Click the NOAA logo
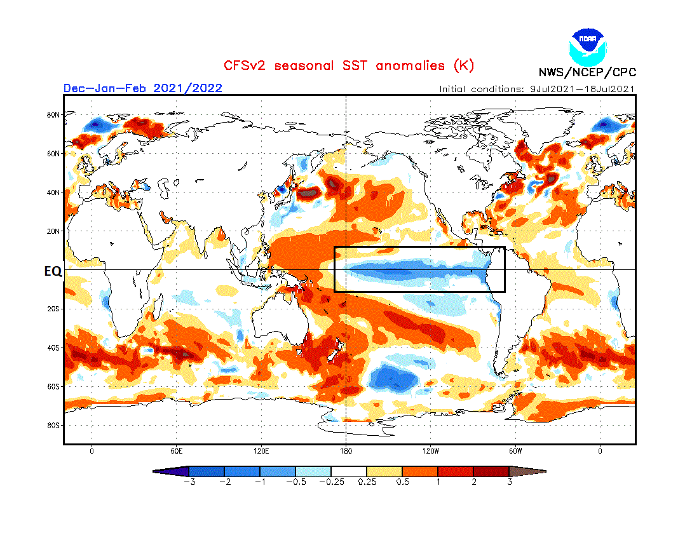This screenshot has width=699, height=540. pos(588,45)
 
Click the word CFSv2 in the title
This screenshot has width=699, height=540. pos(244,65)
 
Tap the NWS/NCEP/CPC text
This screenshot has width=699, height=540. pos(587,72)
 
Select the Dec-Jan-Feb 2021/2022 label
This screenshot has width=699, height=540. pos(142,88)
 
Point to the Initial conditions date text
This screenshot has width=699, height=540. pos(537,89)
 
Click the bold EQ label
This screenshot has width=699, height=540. pos(53,271)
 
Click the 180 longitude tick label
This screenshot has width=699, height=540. pos(346,451)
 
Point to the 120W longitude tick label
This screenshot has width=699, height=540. pos(430,451)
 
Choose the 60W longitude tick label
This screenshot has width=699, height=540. pos(515,451)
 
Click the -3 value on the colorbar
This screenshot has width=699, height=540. pos(189,482)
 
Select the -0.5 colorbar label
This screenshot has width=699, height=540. pos(295,482)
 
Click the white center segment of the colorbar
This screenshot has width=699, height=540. pos(349,471)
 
